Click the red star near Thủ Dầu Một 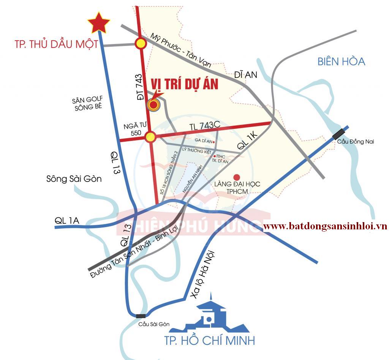point(99,23)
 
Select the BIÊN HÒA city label point(341,61)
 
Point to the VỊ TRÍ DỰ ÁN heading point(185,84)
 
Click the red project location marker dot point(154,105)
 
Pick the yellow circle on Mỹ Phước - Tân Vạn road point(141,44)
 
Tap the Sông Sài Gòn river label point(74,178)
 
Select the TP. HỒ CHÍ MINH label point(209,340)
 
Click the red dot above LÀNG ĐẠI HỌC point(237,177)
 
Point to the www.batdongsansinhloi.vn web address point(325,226)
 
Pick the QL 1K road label point(247,140)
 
